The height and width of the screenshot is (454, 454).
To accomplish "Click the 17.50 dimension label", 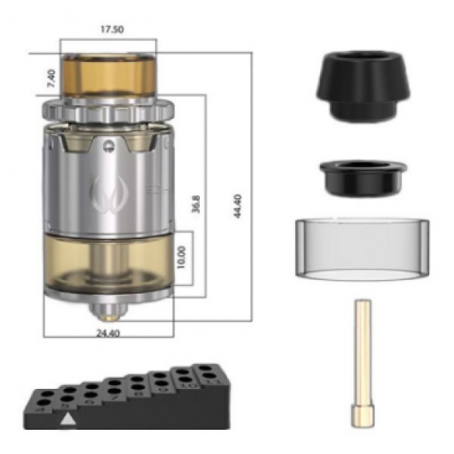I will (x=109, y=30).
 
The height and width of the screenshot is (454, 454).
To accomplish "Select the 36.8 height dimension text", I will (x=196, y=204).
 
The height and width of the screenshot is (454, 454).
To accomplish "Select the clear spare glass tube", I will (x=362, y=249).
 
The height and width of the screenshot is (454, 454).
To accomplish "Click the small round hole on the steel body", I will (x=110, y=141).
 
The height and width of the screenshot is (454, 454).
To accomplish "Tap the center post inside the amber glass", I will (x=107, y=261).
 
